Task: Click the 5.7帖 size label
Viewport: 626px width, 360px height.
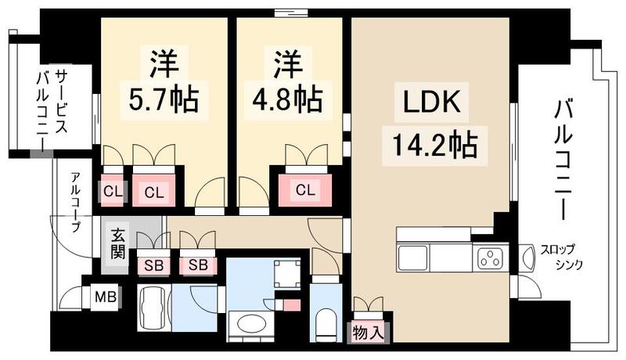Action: click(x=163, y=99)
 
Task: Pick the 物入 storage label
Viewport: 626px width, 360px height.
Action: click(x=369, y=332)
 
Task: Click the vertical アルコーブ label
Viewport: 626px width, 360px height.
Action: click(x=75, y=202)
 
